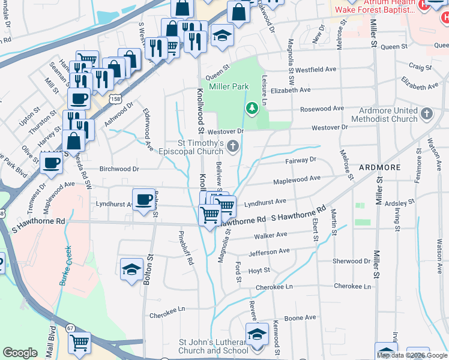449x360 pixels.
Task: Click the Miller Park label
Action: click(x=229, y=87)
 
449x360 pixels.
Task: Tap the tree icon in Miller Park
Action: click(x=253, y=107)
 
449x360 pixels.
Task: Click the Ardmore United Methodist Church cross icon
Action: click(x=426, y=113)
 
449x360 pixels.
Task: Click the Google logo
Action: click(x=20, y=353)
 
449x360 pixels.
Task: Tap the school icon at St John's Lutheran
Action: click(x=257, y=334)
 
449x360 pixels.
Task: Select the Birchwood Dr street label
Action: click(x=119, y=169)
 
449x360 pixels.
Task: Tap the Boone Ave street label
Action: click(x=300, y=318)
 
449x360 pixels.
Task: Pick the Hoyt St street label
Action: click(x=259, y=271)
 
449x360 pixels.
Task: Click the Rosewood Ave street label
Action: click(x=322, y=109)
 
